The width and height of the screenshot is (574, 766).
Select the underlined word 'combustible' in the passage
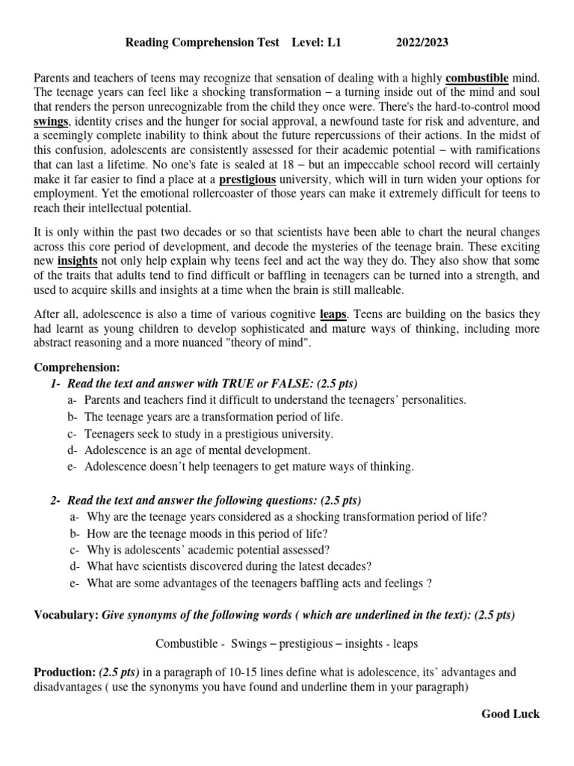click(478, 78)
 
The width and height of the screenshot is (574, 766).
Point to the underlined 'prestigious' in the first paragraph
click(247, 180)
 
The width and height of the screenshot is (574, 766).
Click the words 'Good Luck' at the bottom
click(510, 714)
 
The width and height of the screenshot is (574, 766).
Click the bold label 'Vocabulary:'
click(65, 615)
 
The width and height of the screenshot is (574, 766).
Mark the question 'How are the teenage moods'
click(207, 534)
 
